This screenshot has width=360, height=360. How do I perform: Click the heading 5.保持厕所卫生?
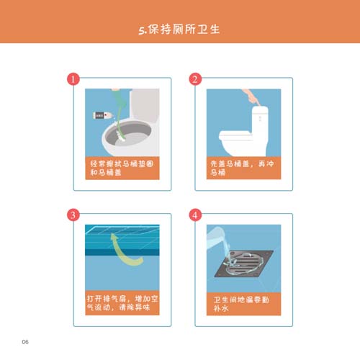pyautogui.click(x=179, y=30)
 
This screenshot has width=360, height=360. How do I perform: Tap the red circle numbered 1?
pyautogui.click(x=73, y=79)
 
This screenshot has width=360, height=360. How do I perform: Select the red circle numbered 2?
pyautogui.click(x=195, y=79)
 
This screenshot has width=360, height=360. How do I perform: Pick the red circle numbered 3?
pyautogui.click(x=73, y=215)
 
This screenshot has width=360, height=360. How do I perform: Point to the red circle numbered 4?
pyautogui.click(x=195, y=215)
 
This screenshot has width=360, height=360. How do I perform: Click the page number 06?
pyautogui.click(x=25, y=342)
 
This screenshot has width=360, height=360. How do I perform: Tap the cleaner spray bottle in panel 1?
pyautogui.click(x=102, y=115)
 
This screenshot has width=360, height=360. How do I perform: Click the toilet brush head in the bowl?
pyautogui.click(x=121, y=136)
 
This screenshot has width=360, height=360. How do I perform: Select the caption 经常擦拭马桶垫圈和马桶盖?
pyautogui.click(x=122, y=168)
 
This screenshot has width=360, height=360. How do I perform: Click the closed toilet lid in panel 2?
pyautogui.click(x=236, y=135)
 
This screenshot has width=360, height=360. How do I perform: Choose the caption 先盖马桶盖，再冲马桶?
pyautogui.click(x=242, y=168)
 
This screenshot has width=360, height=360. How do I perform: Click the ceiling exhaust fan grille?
pyautogui.click(x=122, y=232)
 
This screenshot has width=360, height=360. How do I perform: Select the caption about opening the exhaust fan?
pyautogui.click(x=122, y=303)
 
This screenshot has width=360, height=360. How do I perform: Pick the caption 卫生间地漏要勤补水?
pyautogui.click(x=241, y=304)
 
